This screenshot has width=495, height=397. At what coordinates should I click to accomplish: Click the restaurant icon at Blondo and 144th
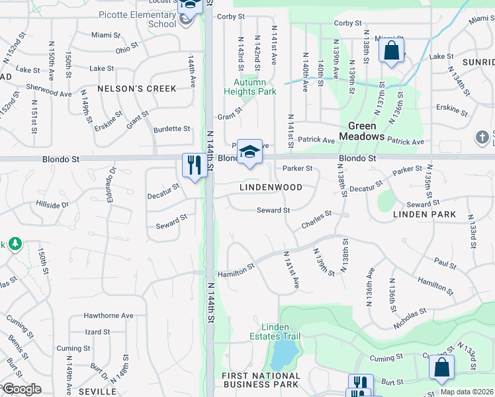194,165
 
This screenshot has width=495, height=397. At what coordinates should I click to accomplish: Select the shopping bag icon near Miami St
391,50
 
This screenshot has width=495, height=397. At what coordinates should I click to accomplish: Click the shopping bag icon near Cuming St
441,367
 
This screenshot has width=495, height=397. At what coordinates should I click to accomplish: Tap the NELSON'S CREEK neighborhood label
137,89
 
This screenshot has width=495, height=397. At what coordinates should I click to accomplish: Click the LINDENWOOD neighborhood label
271,187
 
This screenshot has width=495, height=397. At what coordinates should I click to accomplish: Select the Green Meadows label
362,131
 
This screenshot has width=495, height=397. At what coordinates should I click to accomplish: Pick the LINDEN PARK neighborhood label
424,214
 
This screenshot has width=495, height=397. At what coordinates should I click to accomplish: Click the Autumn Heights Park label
254,87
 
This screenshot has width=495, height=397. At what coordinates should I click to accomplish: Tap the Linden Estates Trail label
281,332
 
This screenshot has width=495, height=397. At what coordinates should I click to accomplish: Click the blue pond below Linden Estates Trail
283,355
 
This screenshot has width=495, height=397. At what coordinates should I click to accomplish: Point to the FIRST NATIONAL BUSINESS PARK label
261,380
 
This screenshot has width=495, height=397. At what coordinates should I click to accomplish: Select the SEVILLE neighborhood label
97,392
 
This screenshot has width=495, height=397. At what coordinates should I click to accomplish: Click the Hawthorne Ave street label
109,316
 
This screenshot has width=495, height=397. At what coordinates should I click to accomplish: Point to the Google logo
21,389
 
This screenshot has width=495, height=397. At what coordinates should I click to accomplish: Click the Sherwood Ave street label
48,90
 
